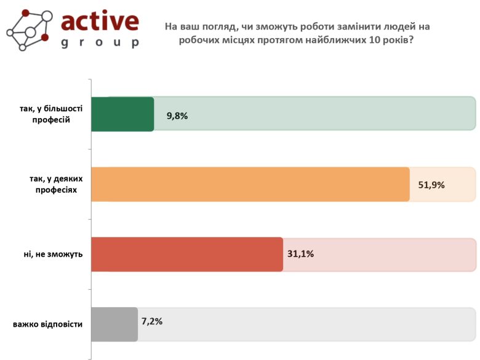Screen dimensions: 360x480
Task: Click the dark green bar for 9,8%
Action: [122, 114]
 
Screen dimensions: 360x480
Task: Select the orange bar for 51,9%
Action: [250, 184]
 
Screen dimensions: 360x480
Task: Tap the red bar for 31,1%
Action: [187, 254]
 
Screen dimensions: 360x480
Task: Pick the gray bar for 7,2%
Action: [114, 324]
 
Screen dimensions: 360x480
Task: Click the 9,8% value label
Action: [177, 115]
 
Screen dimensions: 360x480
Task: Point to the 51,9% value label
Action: [431, 185]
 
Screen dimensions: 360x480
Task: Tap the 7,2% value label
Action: [152, 321]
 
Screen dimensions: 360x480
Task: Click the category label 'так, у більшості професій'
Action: [51, 114]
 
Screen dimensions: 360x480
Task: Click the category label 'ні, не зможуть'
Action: [54, 254]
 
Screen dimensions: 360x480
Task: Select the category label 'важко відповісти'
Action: [47, 324]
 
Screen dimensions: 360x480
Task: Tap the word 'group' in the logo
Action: [100, 43]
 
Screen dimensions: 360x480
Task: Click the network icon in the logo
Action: [28, 30]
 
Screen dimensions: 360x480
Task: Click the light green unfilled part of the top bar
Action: [314, 114]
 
